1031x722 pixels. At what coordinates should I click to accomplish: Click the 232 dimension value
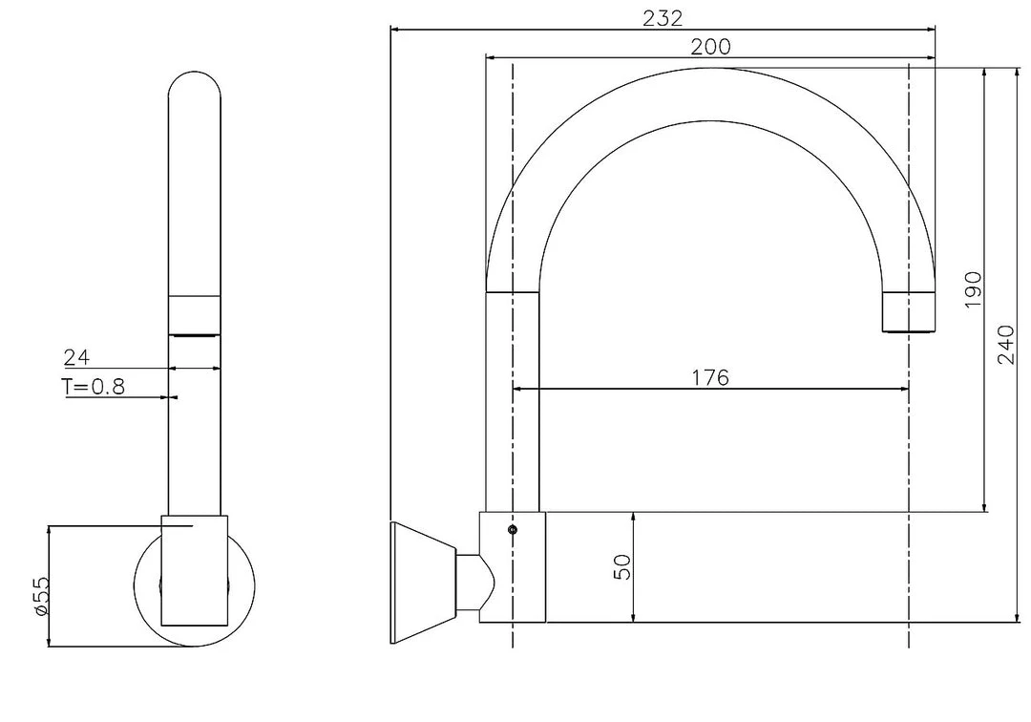click(663, 16)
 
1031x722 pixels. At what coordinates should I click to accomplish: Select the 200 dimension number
click(710, 46)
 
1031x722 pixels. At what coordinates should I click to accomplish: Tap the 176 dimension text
click(710, 377)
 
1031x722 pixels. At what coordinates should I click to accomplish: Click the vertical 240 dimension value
click(1006, 345)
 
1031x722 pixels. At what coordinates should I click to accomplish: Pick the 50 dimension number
click(622, 567)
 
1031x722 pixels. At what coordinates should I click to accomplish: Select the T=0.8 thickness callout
click(94, 387)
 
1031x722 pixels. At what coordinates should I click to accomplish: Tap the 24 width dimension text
click(76, 358)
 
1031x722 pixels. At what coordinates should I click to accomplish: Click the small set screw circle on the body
click(513, 529)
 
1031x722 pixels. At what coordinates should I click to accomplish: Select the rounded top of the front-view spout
click(195, 86)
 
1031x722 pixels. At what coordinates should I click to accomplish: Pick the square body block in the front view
click(195, 570)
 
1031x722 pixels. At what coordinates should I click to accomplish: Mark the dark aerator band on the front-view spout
click(195, 333)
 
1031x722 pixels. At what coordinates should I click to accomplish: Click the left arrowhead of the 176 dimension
click(517, 389)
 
